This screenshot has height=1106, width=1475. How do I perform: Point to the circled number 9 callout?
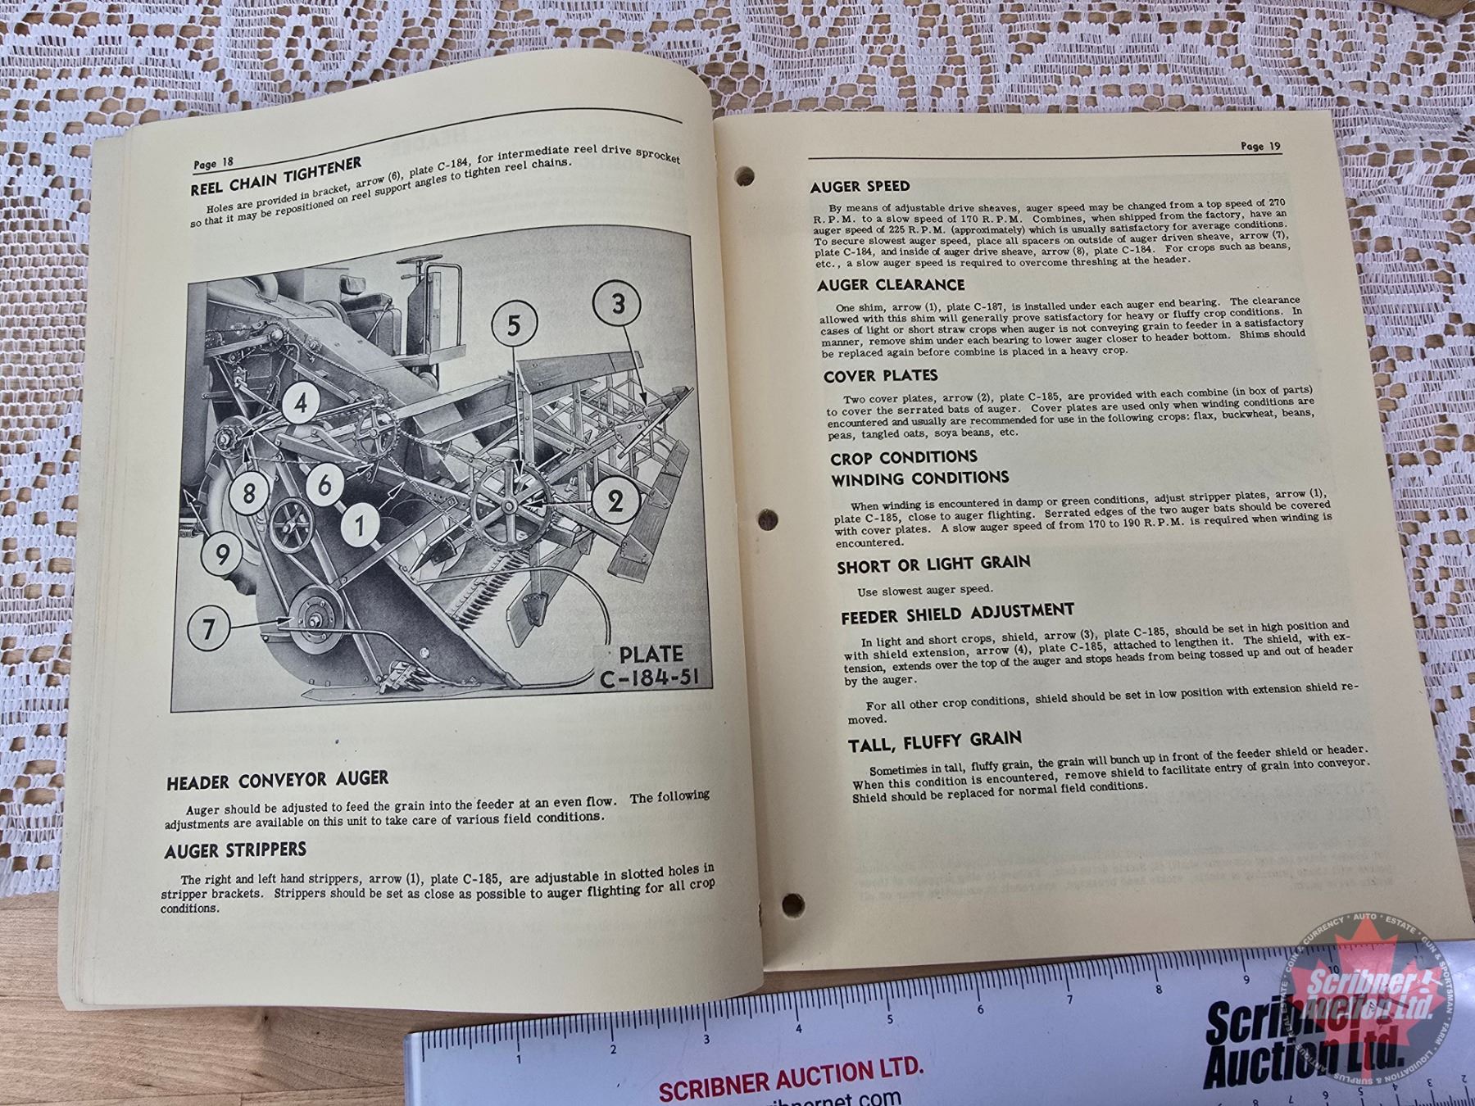point(222,556)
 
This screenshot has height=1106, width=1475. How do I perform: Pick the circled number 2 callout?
point(615,501)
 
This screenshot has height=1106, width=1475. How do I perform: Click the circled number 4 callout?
point(302,404)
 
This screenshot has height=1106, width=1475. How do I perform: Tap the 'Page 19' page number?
point(1259,147)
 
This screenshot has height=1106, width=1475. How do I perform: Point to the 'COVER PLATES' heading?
point(880,376)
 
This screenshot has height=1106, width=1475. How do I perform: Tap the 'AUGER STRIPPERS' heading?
point(235,850)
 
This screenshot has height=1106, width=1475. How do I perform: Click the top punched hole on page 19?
point(744,175)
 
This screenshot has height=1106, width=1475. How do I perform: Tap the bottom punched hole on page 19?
point(791,903)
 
